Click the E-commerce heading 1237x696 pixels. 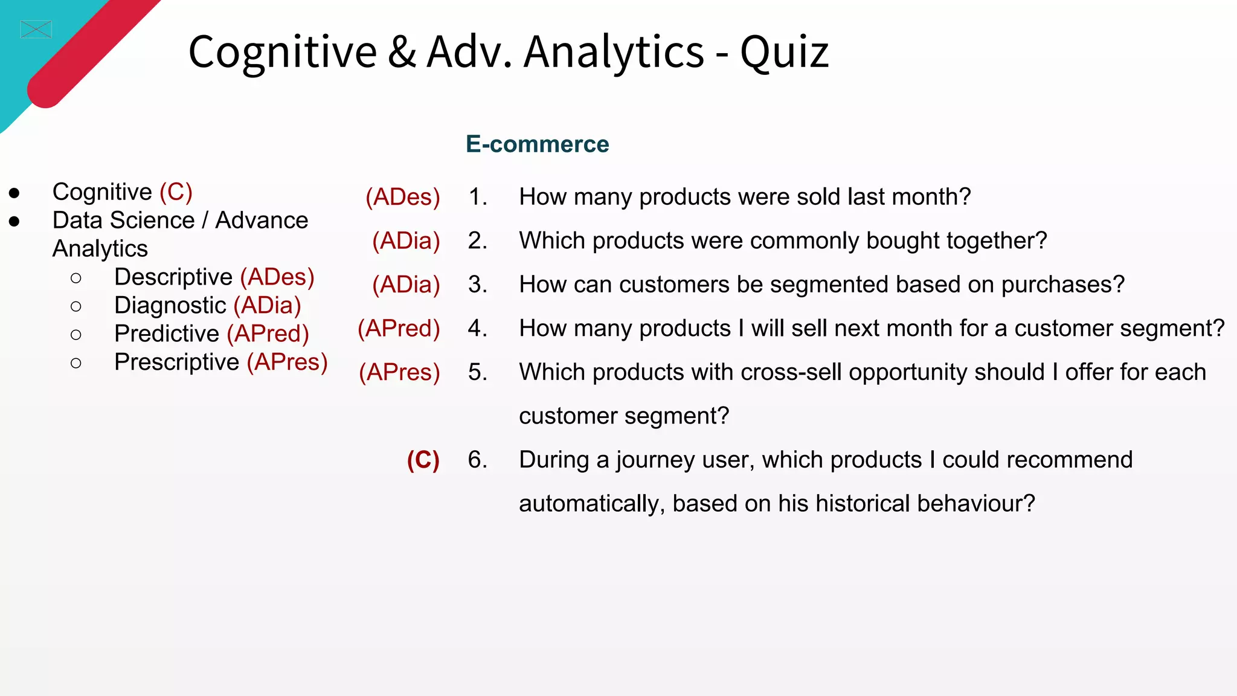(537, 144)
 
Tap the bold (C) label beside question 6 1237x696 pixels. (423, 460)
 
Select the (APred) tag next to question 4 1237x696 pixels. (399, 329)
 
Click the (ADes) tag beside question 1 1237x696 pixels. (403, 197)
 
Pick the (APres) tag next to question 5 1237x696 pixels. (399, 372)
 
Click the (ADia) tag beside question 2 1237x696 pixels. (406, 241)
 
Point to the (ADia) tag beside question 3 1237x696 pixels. (406, 285)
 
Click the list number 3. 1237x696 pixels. (477, 285)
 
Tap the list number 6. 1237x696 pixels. (477, 460)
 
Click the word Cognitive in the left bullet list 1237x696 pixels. (102, 192)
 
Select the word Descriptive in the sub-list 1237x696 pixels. (173, 277)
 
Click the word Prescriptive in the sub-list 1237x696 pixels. (176, 362)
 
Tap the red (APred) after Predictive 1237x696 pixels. (268, 334)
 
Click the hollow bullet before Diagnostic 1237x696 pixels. (76, 306)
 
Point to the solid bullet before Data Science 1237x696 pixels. (14, 222)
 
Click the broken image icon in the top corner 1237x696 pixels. (36, 29)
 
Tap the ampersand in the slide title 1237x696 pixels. (402, 52)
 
